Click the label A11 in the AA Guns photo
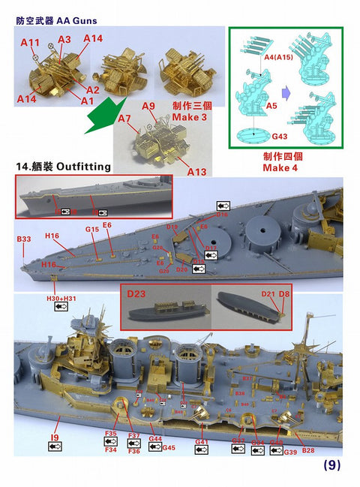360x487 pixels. [x=29, y=43]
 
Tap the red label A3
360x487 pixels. [x=64, y=39]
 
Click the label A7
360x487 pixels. [x=124, y=118]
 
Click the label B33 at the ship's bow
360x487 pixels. [x=24, y=239]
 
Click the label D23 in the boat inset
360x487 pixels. [x=136, y=293]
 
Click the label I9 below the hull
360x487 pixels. [x=54, y=436]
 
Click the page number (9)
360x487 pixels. [x=332, y=465]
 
